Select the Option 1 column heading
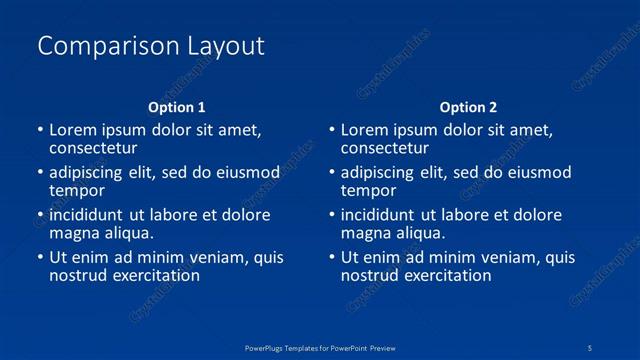177,107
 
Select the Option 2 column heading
468,107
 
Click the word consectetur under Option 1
92,148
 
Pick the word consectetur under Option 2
384,148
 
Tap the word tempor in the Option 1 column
76,191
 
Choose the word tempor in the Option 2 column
368,191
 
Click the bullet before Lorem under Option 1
40,130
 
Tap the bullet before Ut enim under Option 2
332,257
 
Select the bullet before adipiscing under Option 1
40,172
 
